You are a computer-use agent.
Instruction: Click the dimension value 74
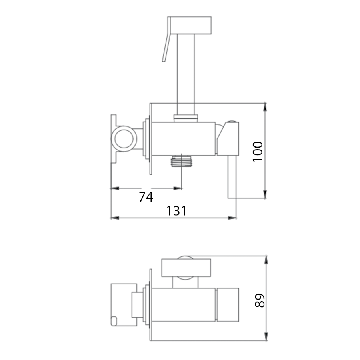146,197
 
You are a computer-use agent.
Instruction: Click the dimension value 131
176,211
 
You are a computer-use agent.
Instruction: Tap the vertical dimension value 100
258,152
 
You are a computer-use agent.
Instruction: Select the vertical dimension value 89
260,300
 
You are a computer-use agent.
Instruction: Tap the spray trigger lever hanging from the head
166,39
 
